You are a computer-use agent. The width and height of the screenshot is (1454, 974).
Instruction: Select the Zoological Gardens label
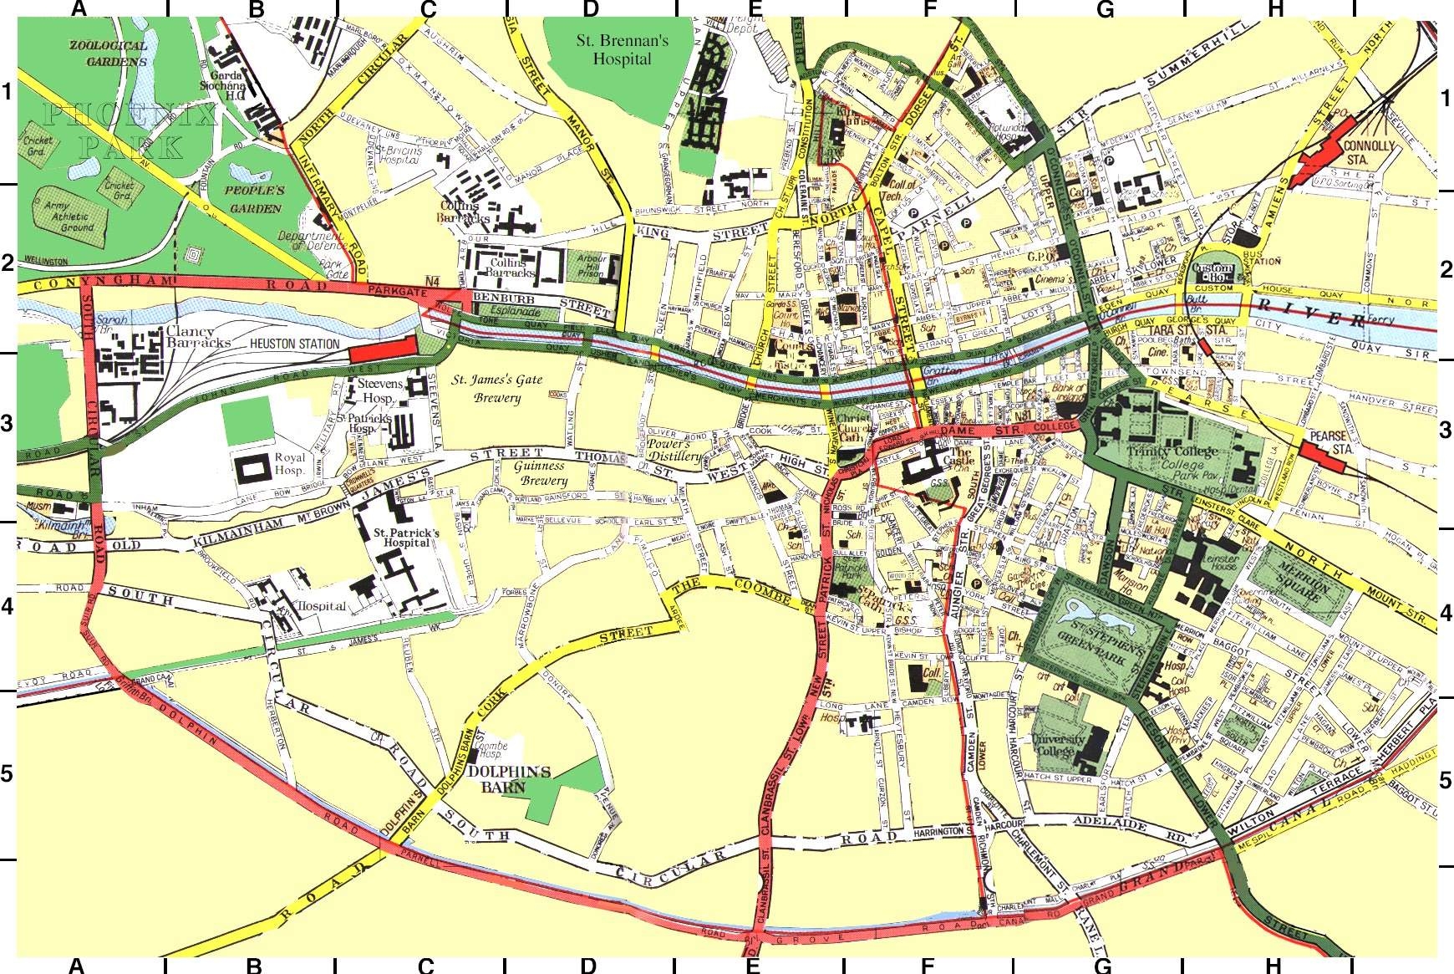pos(109,54)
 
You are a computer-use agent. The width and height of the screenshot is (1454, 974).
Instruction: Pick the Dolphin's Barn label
pos(509,778)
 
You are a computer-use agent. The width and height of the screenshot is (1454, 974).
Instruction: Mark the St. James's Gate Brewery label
pos(497,389)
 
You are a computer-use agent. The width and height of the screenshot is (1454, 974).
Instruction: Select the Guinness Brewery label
pos(540,473)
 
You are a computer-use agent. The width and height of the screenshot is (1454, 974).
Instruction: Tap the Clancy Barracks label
pos(197,337)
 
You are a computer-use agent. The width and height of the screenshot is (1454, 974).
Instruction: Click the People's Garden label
pos(254,199)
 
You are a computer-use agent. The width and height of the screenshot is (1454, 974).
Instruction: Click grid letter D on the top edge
pos(590,9)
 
